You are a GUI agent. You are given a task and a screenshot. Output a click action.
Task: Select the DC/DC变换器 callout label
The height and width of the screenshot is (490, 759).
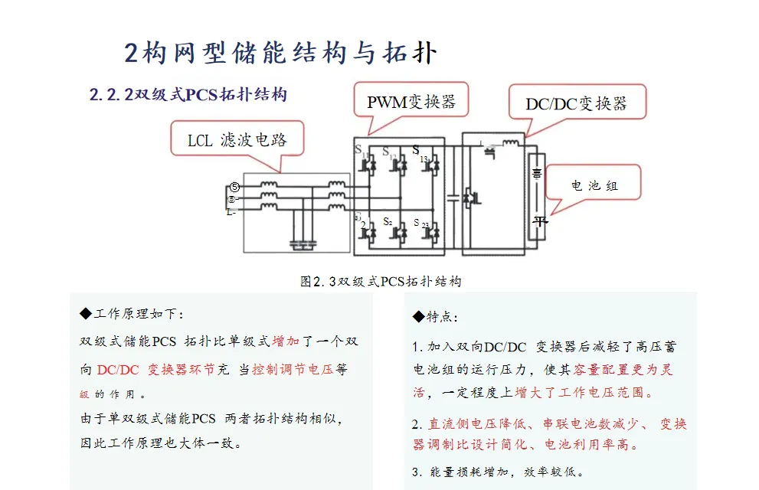point(576,103)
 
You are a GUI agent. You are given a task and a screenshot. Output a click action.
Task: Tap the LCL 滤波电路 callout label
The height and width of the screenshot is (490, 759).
point(237,140)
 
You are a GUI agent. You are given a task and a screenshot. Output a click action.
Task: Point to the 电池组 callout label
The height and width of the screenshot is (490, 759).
point(594,185)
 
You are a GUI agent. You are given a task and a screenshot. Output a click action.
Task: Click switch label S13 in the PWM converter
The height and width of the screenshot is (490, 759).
point(420,153)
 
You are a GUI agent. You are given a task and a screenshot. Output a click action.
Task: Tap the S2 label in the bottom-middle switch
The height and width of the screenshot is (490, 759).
point(388,222)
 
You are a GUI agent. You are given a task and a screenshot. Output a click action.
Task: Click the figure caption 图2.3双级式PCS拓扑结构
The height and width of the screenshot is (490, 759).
point(381,281)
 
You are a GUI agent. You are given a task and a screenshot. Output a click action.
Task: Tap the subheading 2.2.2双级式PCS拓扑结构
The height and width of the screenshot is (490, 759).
point(188,95)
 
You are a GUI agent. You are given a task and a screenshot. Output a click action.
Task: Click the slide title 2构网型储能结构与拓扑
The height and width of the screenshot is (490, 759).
point(280,53)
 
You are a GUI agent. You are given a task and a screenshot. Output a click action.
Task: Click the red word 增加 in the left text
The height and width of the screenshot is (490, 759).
point(286,341)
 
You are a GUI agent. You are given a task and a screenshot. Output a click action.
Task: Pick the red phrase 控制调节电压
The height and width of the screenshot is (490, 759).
point(294,369)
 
